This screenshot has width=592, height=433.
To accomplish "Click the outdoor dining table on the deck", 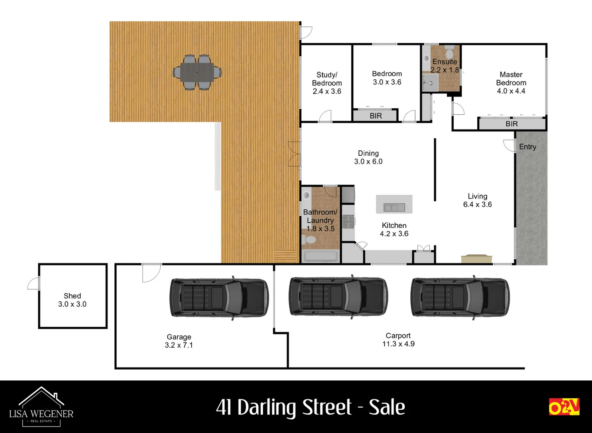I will click(197, 73).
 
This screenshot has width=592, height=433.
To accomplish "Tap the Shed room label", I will click(72, 300).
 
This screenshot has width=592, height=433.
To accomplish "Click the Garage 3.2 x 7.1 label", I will click(179, 341).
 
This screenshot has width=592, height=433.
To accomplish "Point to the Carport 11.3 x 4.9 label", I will click(398, 340).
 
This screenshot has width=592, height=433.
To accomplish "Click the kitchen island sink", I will click(394, 207).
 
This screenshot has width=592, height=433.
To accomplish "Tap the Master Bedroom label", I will click(511, 83).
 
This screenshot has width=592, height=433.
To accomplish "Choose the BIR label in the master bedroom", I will click(511, 124).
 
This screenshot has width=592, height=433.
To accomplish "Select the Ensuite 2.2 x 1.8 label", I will click(444, 66).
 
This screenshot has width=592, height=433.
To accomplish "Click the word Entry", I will click(527, 147).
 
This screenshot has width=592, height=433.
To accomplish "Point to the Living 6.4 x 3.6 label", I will click(477, 200).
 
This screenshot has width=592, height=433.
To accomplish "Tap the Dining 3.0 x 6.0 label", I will click(368, 158).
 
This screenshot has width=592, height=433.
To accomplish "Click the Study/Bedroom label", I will click(327, 83).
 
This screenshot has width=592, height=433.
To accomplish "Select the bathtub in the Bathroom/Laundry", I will click(320, 256).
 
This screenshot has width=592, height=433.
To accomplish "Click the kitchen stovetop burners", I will click(348, 222).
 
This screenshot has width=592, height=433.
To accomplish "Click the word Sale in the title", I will click(387, 407).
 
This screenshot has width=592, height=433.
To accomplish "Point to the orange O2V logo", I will click(564, 407).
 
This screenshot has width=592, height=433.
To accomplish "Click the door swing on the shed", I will click(34, 283).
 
